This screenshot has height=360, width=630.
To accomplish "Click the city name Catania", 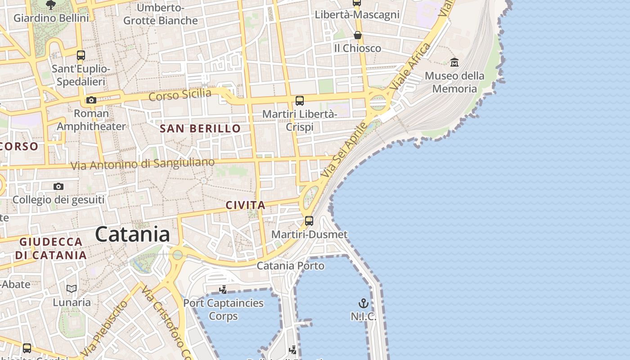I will click(x=132, y=234).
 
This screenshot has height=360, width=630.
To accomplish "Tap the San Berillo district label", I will click(x=200, y=128).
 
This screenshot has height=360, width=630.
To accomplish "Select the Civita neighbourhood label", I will click(x=245, y=205).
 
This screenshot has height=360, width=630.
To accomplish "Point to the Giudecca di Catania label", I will click(x=51, y=248).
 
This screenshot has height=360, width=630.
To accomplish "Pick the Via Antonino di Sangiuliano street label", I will click(x=143, y=164).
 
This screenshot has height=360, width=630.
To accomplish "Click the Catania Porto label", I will click(x=290, y=265).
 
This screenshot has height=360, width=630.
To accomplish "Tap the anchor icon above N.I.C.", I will click(x=363, y=303).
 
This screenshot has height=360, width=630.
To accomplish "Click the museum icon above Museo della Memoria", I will click(x=454, y=62).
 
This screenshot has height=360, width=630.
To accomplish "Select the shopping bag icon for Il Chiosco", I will click(x=358, y=35).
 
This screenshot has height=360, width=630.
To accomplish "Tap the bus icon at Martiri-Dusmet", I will click(x=309, y=220).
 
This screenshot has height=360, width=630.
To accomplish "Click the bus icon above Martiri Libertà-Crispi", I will click(x=300, y=101).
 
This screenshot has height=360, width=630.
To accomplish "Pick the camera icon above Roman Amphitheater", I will click(x=91, y=100).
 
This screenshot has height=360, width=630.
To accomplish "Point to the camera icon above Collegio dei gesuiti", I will click(x=58, y=186).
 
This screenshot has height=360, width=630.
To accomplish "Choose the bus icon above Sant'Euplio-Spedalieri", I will click(x=81, y=55).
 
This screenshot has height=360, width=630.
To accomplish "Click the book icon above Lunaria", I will click(x=72, y=288).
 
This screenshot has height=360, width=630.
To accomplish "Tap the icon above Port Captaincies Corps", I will click(x=223, y=289).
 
